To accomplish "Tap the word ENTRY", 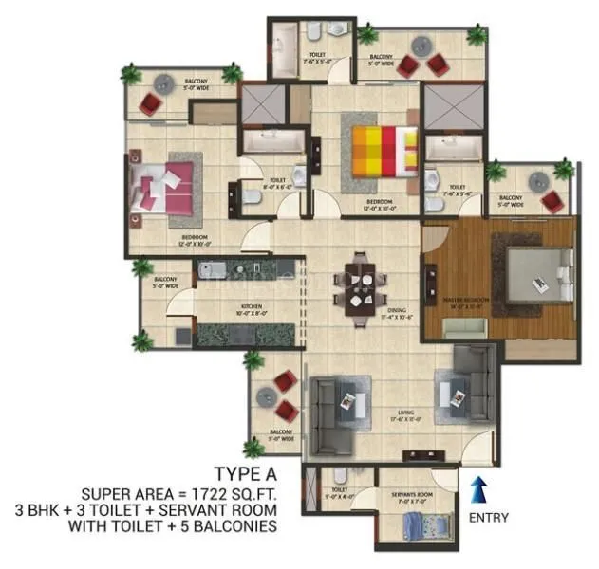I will [488, 518].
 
